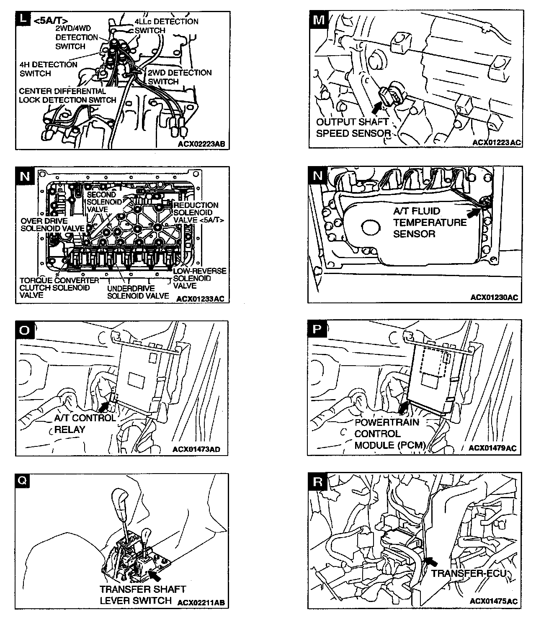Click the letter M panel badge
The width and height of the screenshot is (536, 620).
(318, 19)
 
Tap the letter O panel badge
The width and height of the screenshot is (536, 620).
(24, 330)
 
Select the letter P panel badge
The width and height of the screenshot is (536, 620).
(317, 330)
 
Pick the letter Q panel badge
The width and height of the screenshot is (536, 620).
(23, 482)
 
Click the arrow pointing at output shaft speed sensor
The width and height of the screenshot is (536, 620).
(377, 107)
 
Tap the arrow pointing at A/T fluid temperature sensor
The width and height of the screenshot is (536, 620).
(473, 212)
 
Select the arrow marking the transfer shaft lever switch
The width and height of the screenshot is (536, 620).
(155, 576)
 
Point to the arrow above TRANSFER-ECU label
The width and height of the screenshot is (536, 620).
(430, 561)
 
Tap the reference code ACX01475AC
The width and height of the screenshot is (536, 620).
(494, 601)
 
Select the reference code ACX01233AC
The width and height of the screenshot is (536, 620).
(200, 299)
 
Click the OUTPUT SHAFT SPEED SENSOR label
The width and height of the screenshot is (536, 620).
(353, 128)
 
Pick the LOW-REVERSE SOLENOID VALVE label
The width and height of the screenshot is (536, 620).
(199, 278)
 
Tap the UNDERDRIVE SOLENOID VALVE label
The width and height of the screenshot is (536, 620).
(138, 292)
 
